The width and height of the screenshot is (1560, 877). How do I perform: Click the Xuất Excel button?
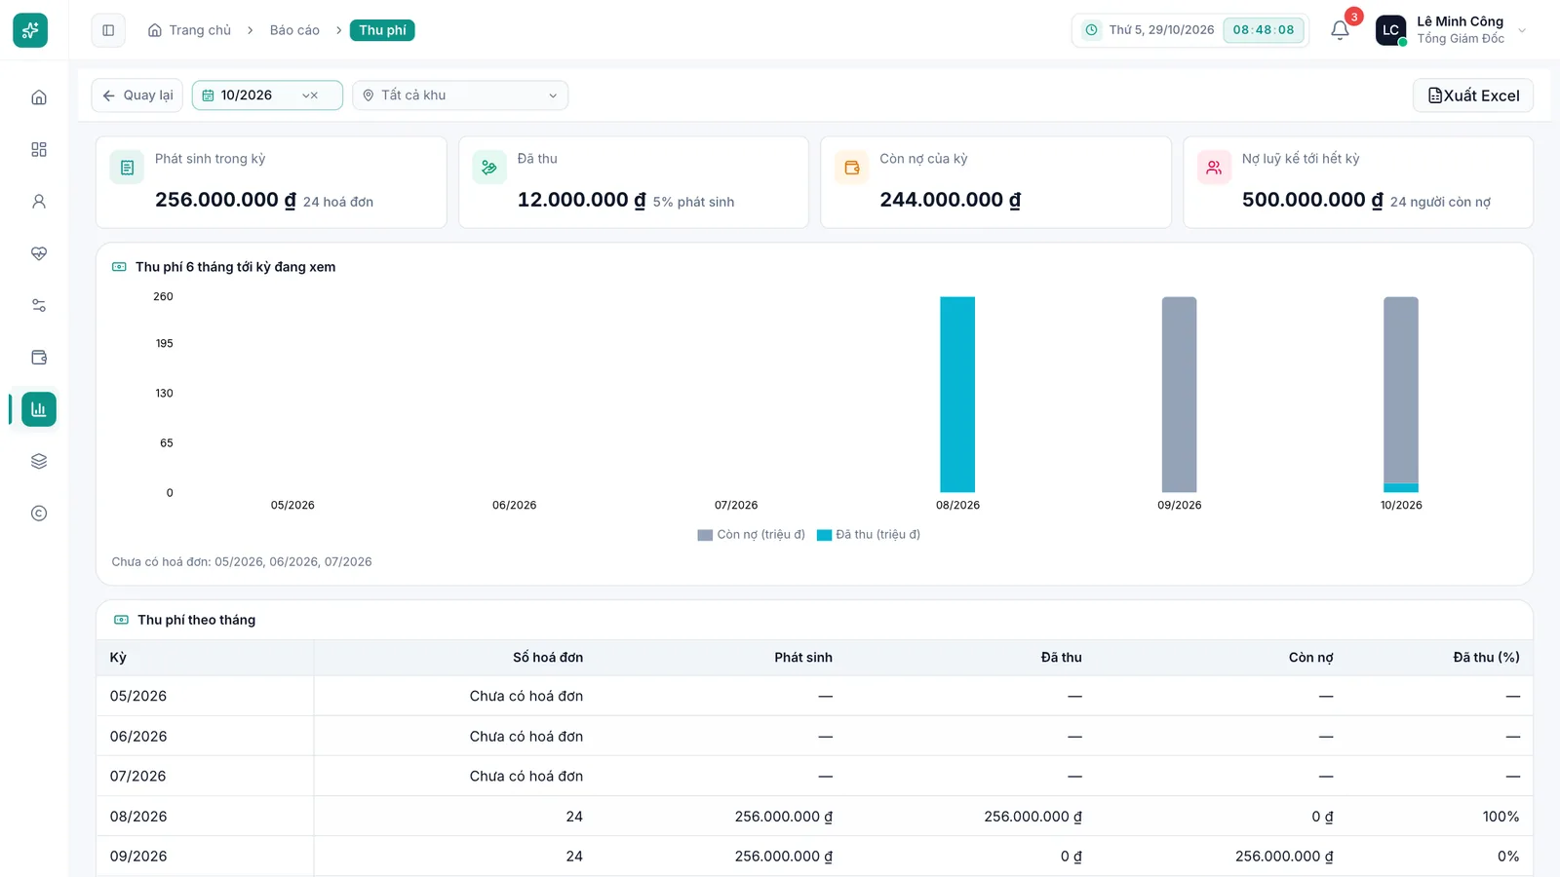[1473, 95]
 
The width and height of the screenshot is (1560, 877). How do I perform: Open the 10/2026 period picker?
[267, 95]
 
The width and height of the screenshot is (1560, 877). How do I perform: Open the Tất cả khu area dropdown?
[460, 95]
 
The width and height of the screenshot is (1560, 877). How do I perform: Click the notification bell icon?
[1340, 30]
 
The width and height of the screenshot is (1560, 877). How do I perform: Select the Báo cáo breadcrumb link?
[294, 30]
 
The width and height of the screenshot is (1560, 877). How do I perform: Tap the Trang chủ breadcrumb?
[189, 30]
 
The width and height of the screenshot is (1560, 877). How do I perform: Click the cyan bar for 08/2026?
[957, 395]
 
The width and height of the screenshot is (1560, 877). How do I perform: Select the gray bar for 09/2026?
[1179, 395]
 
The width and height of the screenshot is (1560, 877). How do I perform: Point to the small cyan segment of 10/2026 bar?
[1400, 488]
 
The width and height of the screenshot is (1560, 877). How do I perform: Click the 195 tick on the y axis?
[165, 343]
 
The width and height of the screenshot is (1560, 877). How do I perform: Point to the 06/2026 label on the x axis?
[514, 505]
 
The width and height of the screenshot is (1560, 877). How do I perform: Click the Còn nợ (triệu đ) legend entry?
[752, 535]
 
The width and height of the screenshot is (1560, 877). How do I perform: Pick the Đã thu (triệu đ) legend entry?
[869, 535]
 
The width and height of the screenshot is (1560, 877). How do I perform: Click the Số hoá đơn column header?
[548, 657]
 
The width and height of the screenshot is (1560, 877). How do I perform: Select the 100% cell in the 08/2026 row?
[1501, 817]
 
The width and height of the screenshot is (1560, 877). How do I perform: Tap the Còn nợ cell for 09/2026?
[1284, 857]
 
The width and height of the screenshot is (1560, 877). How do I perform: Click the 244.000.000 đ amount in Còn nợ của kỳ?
[950, 200]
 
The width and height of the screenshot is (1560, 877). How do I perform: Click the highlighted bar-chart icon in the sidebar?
[39, 409]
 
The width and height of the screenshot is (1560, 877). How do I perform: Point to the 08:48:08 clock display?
[1264, 30]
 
